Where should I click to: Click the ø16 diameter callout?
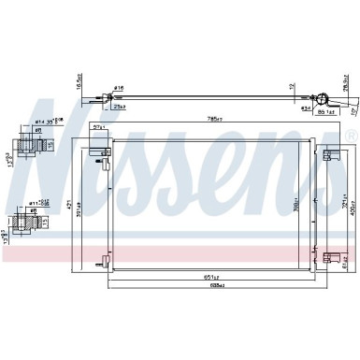coord(118,88)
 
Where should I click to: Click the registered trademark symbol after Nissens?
coord(351,137)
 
